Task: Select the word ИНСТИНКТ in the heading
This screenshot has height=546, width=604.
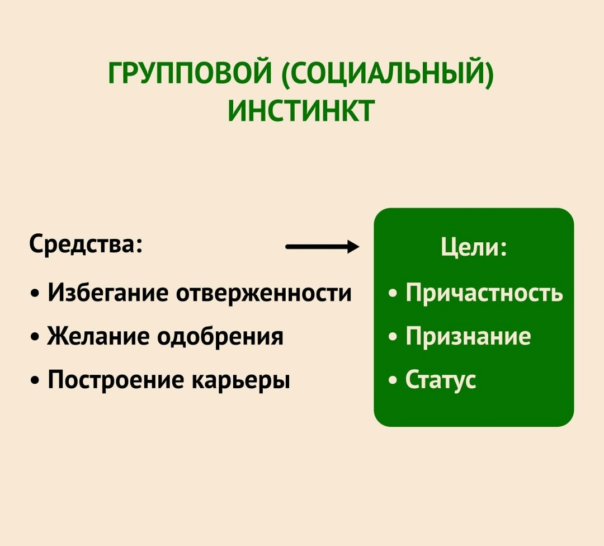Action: coord(301,110)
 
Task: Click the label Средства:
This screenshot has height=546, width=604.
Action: coord(85,244)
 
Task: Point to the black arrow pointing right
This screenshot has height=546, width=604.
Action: coord(322,246)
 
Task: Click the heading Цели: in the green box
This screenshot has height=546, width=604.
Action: coord(473,247)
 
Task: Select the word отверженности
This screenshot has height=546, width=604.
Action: coord(264,293)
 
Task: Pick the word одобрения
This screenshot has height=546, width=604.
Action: coord(220,336)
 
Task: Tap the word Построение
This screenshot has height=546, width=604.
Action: coord(115,380)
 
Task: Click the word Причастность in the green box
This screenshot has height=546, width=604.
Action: coord(484,293)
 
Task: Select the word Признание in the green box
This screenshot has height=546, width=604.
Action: coord(468,336)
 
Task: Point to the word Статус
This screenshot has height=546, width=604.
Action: coord(441,379)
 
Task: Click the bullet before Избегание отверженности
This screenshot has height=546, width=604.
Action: coord(36,294)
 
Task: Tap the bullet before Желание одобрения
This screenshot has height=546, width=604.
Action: coord(36,337)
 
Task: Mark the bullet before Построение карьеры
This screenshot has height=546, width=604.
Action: coord(36,380)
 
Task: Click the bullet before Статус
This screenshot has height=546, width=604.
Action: coord(394,380)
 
